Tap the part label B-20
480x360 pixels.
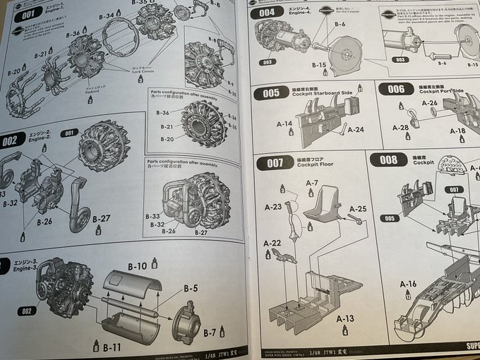[14, 71]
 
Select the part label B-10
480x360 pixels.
[138, 266]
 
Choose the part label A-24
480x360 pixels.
[356, 129]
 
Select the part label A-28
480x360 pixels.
[400, 127]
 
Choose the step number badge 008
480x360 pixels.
[388, 160]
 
